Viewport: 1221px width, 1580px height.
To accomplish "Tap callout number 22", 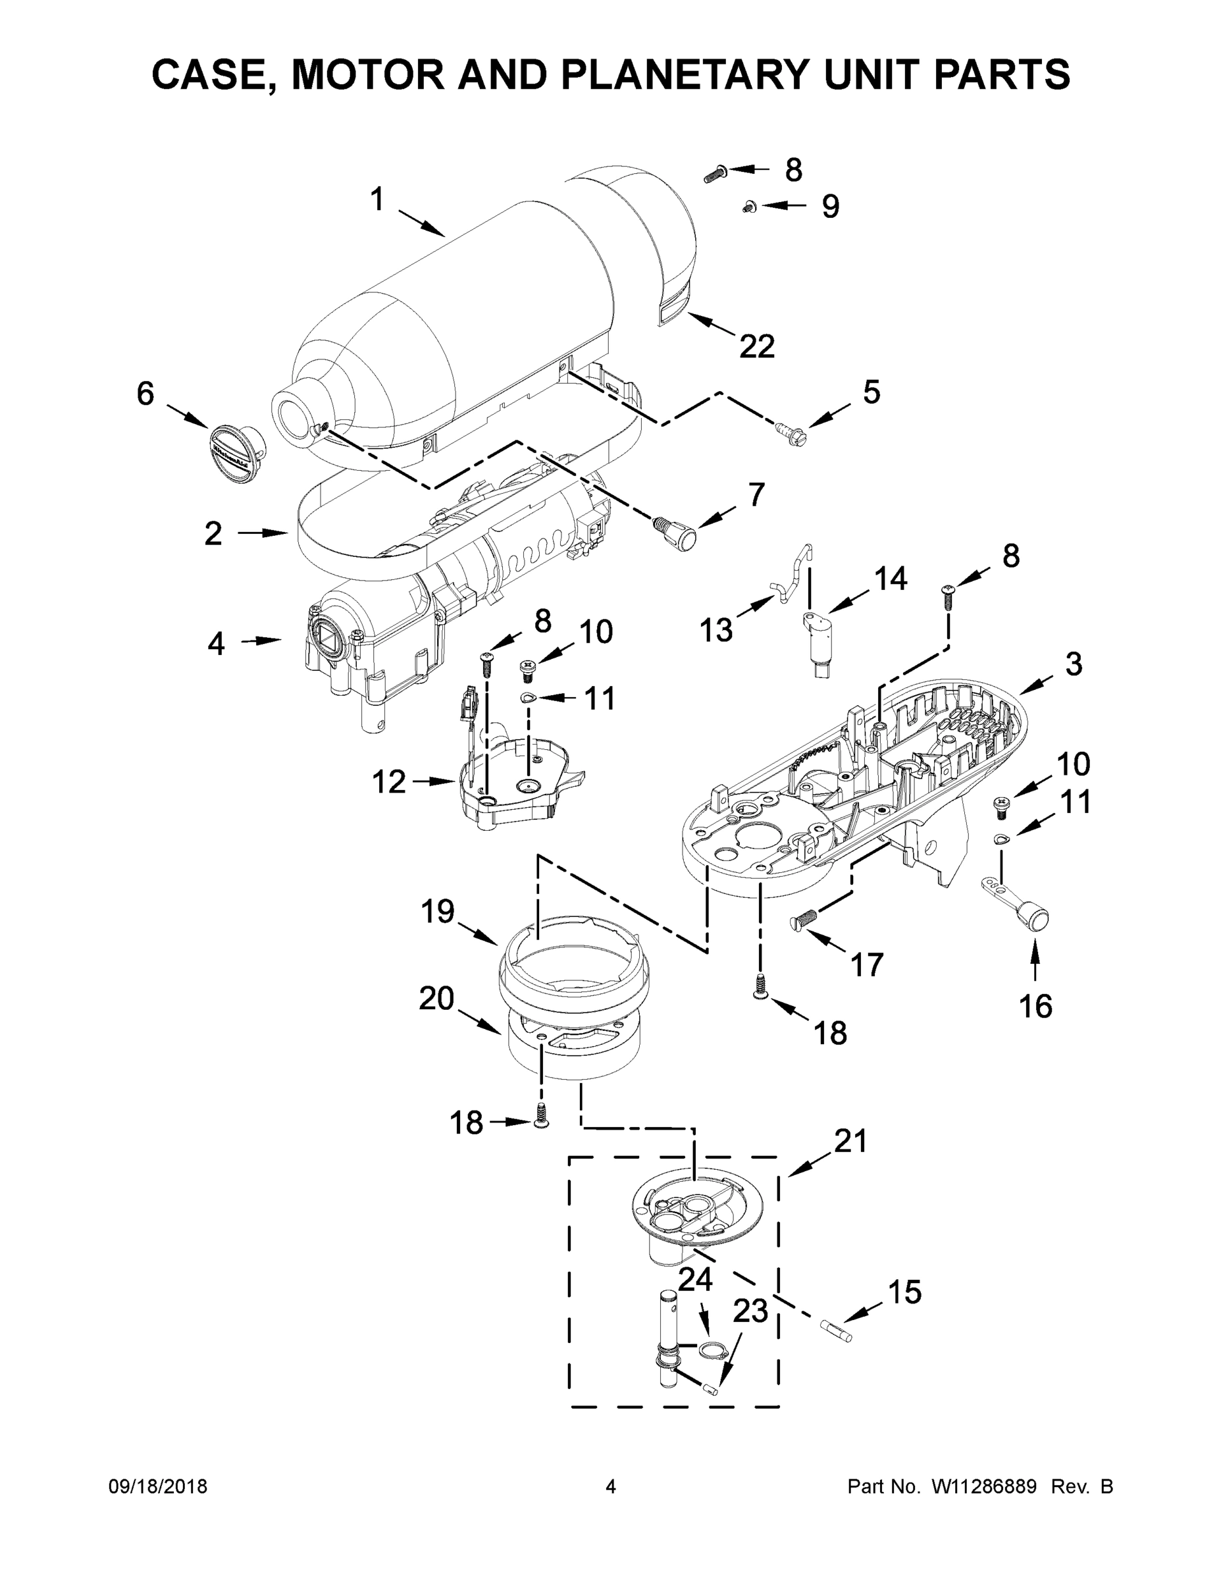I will pyautogui.click(x=756, y=346).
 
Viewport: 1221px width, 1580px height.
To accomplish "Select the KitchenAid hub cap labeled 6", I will pyautogui.click(x=234, y=453).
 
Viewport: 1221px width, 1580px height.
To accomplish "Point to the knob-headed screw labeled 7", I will pyautogui.click(x=677, y=539).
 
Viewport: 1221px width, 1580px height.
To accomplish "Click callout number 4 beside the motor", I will pyautogui.click(x=215, y=643).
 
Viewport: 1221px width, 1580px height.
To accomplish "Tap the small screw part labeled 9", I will pyautogui.click(x=748, y=207).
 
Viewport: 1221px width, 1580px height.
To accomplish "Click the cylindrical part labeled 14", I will pyautogui.click(x=819, y=642).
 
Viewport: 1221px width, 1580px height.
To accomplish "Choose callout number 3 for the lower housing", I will pyautogui.click(x=1074, y=664).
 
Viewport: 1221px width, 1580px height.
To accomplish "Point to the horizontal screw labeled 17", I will pyautogui.click(x=804, y=918).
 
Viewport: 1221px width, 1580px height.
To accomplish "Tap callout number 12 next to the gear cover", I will pyautogui.click(x=388, y=781).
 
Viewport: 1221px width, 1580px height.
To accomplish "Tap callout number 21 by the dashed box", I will pyautogui.click(x=850, y=1141).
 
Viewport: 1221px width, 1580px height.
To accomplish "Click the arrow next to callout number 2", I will pyautogui.click(x=263, y=533).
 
